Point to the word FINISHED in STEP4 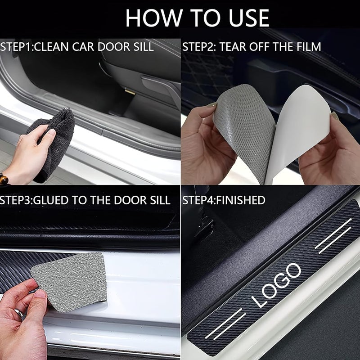coord(247,200)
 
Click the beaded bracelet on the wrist coord(4,179)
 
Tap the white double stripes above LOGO coord(333,234)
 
